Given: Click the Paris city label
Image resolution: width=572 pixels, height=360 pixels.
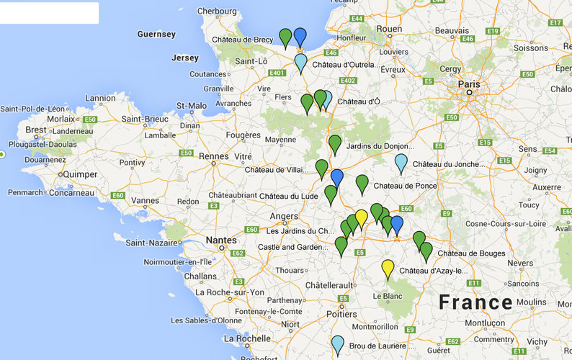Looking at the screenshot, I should click(468, 84).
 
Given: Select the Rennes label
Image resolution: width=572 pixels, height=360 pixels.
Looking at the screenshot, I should click(213, 156).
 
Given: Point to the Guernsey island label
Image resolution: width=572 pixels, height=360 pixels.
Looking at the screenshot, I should click(156, 34).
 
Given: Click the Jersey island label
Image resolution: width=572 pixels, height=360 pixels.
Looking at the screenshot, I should click(185, 58).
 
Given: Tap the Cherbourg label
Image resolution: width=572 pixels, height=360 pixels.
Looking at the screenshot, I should click(216, 11).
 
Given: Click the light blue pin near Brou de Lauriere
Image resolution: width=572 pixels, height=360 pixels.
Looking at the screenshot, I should click(337, 344).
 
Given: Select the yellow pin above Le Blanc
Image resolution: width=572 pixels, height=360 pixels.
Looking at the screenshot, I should click(388, 269).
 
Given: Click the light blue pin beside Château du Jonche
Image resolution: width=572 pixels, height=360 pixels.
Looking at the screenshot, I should click(401, 163).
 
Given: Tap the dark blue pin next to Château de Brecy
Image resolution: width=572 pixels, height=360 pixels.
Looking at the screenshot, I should click(300, 37).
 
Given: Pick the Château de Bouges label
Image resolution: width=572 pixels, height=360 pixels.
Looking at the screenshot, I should click(471, 253).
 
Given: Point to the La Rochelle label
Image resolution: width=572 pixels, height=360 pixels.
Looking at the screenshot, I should click(247, 338).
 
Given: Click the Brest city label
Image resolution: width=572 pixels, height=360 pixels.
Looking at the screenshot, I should click(35, 130).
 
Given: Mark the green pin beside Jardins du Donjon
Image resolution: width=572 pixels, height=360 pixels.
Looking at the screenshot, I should click(335, 143).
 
